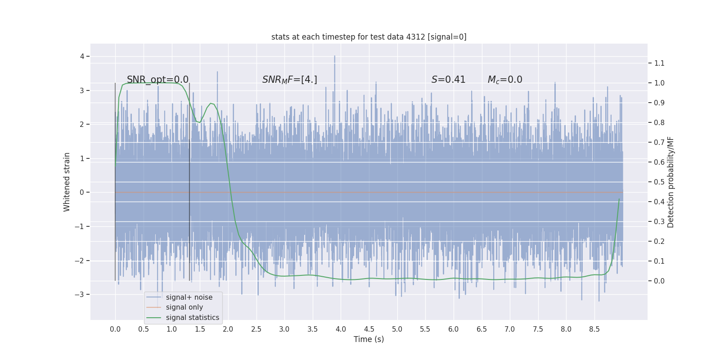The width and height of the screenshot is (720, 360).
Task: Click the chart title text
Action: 369,37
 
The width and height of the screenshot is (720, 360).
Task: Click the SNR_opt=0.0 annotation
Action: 157,80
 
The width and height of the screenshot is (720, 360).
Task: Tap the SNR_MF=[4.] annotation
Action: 289,80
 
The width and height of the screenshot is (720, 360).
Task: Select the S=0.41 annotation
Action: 448,80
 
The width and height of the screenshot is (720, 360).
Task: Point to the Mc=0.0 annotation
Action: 505,80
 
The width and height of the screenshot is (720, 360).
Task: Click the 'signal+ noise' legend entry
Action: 189,297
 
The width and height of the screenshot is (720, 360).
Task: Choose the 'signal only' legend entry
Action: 184,307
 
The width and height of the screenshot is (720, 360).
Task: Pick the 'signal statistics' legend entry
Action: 192,318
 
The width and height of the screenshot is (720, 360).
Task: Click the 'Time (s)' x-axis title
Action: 369,339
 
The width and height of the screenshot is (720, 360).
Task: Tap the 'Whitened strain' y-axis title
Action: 67,182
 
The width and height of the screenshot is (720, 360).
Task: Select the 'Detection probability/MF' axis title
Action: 670,182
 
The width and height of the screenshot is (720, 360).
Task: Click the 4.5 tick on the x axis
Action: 369,329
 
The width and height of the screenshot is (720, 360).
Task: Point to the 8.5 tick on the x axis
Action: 594,329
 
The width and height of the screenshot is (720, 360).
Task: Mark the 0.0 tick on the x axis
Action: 115,329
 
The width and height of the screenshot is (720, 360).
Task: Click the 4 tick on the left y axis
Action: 82,56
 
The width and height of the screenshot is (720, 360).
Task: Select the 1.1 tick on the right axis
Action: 659,63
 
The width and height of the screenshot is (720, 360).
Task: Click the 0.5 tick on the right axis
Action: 659,182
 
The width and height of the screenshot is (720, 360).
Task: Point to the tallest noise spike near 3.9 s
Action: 334,57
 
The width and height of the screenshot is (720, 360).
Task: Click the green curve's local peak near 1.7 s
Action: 211,103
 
